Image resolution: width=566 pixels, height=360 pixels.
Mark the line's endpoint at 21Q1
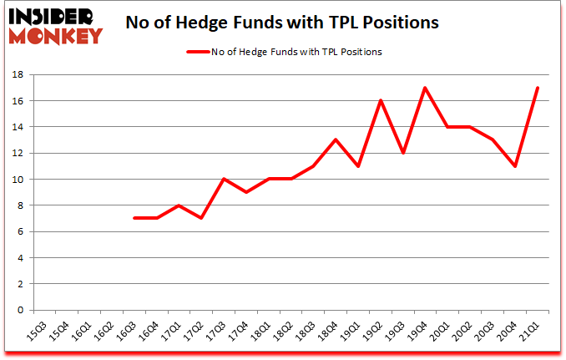(x=537, y=88)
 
